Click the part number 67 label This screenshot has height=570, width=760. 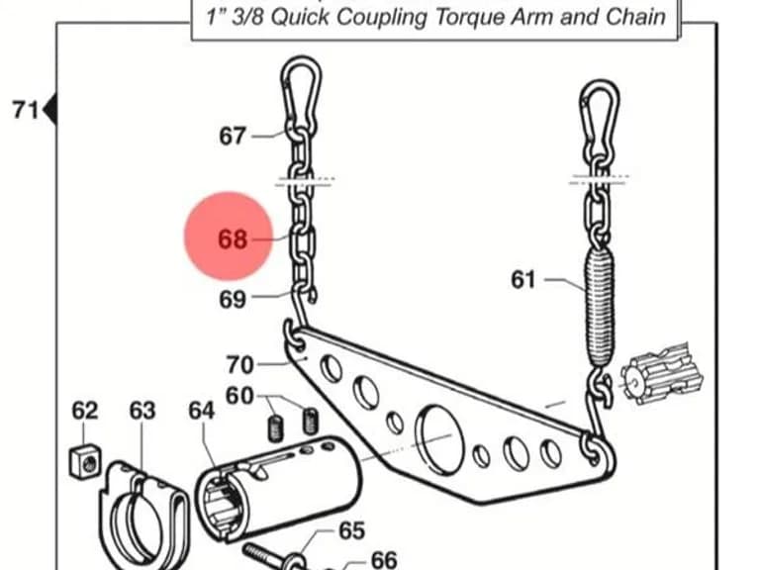point(233,136)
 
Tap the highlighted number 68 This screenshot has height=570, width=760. point(233,238)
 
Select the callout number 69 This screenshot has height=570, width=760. point(233,299)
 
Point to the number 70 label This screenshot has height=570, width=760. point(239,364)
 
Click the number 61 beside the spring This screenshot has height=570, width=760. point(523,280)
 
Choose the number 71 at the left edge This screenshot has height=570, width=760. point(25,110)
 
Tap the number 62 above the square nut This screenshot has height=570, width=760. point(85,411)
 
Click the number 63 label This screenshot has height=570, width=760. point(142,411)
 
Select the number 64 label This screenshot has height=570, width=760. point(202,411)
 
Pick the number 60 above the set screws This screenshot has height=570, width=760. point(239,396)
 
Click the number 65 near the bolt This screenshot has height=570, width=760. point(351,530)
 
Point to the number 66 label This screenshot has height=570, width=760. point(384,560)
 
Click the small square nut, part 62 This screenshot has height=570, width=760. point(85,461)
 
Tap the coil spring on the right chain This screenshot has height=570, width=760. point(600,307)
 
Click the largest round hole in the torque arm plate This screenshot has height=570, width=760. point(440,439)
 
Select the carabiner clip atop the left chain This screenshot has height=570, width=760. point(301,95)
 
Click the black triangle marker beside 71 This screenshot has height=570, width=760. point(50,110)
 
